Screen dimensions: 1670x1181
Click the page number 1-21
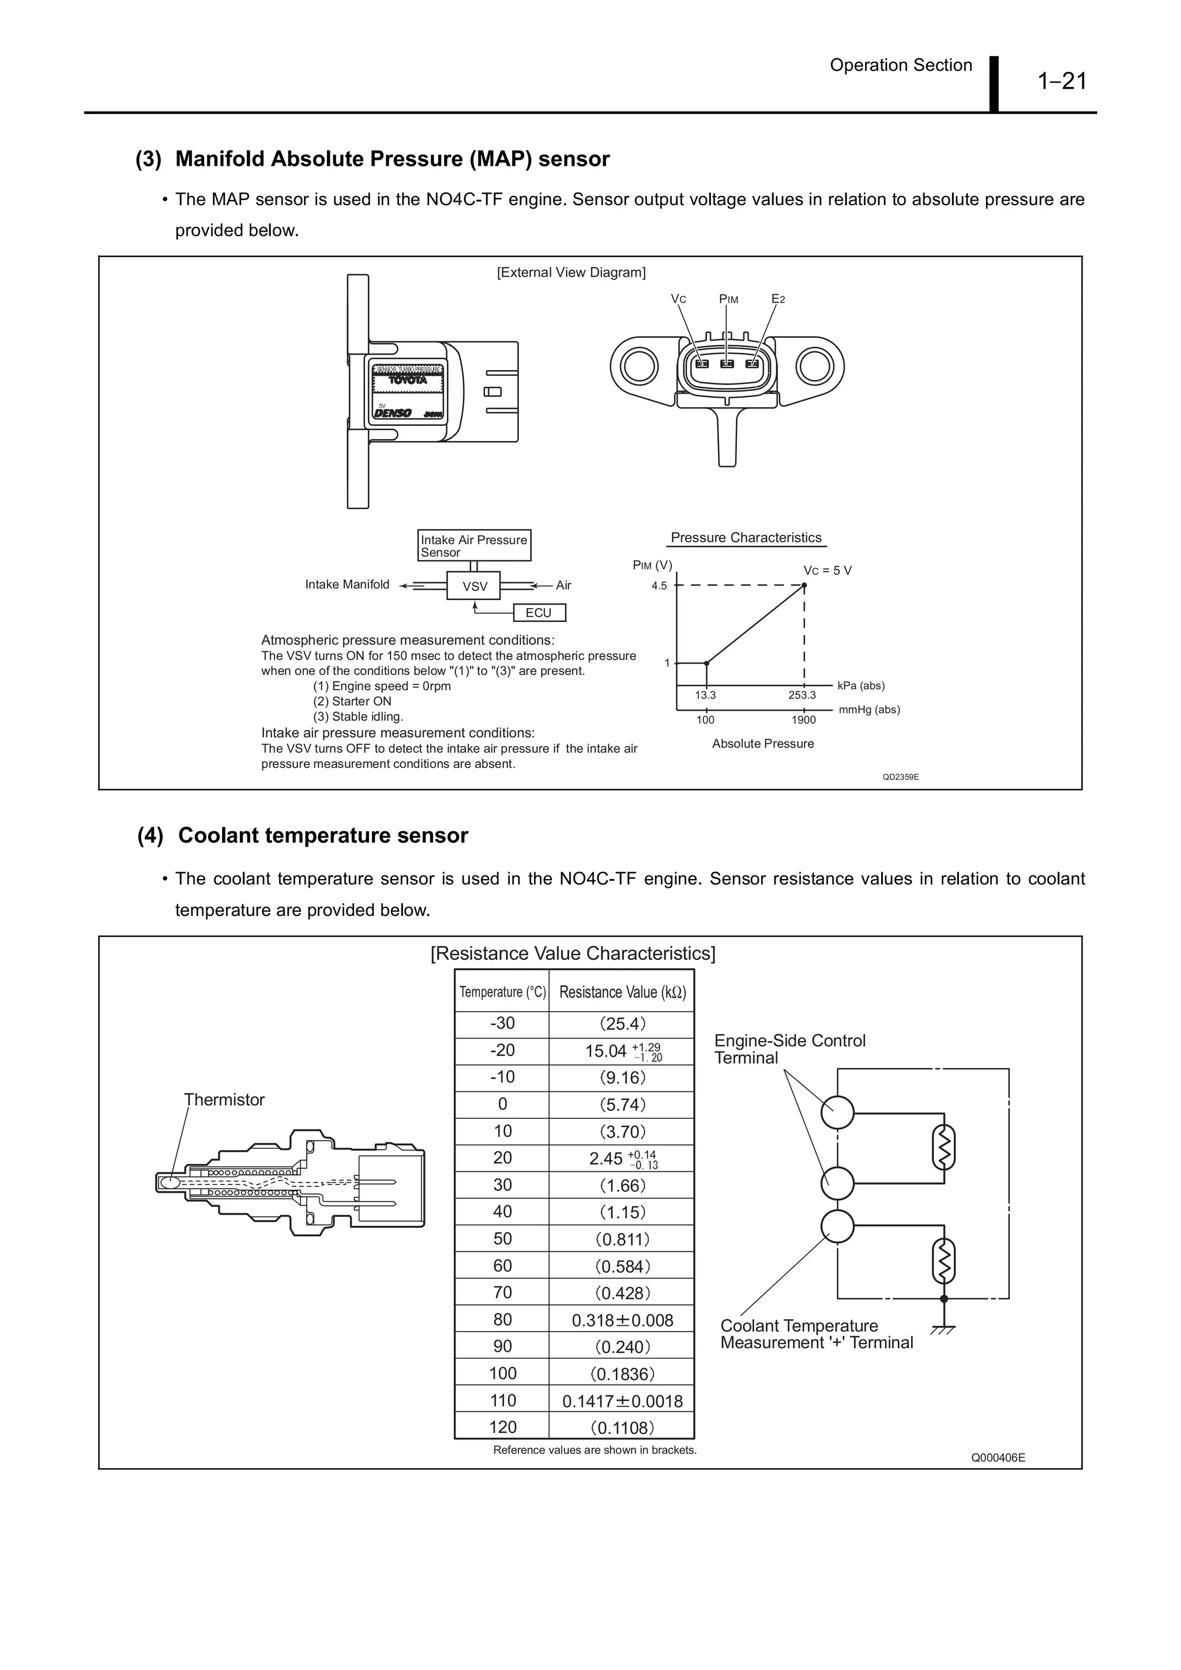pyautogui.click(x=1062, y=81)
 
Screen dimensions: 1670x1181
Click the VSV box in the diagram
pyautogui.click(x=475, y=586)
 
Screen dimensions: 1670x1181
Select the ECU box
pyautogui.click(x=539, y=613)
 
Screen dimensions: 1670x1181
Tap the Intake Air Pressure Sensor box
pyautogui.click(x=475, y=545)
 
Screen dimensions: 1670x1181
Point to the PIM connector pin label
pyautogui.click(x=728, y=299)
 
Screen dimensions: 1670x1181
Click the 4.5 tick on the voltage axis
pyautogui.click(x=659, y=586)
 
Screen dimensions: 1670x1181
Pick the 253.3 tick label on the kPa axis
pyautogui.click(x=802, y=695)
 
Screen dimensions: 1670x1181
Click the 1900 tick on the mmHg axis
pyautogui.click(x=803, y=720)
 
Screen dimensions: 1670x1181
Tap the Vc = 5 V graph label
pyautogui.click(x=828, y=571)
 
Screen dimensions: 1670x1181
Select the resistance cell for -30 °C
pyautogui.click(x=622, y=1024)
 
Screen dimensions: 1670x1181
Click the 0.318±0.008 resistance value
pyautogui.click(x=622, y=1320)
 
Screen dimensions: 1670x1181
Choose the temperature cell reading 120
pyautogui.click(x=502, y=1427)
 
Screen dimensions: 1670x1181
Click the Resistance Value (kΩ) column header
pyautogui.click(x=622, y=992)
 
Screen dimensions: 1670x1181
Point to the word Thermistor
pyautogui.click(x=224, y=1100)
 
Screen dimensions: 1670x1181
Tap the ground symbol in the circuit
pyautogui.click(x=944, y=1329)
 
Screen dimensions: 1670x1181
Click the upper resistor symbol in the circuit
pyautogui.click(x=944, y=1149)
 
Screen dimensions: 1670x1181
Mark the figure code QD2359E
pyautogui.click(x=900, y=777)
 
